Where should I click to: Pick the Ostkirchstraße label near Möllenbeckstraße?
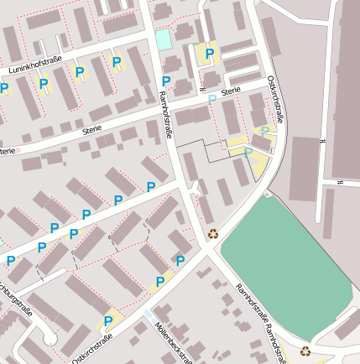[92, 346]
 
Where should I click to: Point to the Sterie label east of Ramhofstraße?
[231, 90]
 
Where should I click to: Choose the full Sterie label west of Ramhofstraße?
[91, 128]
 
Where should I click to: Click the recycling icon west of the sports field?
[213, 234]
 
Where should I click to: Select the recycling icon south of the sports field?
[305, 351]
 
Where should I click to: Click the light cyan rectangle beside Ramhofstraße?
[163, 39]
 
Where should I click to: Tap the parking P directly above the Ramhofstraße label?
[166, 81]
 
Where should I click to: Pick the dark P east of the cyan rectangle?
[209, 55]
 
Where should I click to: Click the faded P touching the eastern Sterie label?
[212, 99]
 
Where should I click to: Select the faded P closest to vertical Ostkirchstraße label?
[265, 131]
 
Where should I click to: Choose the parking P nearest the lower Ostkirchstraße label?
[108, 321]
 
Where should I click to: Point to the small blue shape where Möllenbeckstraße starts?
[149, 314]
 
